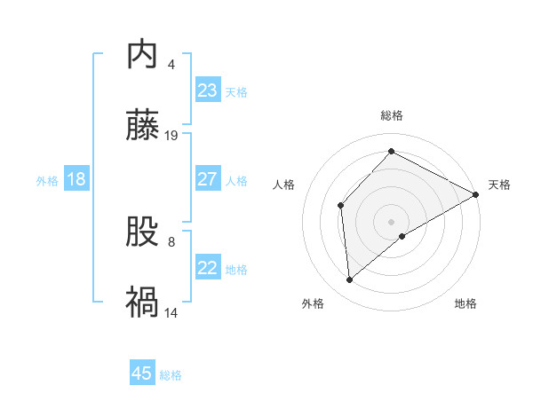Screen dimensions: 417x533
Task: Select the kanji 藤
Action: point(142,127)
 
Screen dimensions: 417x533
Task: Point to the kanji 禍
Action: point(142,303)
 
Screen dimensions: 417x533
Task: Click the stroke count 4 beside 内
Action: point(171,64)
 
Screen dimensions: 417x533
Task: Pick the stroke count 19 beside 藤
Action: point(172,135)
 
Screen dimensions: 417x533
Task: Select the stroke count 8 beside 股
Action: point(171,240)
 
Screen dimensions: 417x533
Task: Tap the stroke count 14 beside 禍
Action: point(172,311)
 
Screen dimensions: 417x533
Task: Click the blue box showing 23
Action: point(207,90)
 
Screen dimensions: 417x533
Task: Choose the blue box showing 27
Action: point(207,179)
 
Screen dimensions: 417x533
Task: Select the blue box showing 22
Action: point(207,268)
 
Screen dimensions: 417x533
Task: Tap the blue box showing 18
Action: point(76,179)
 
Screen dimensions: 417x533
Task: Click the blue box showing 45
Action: point(142,374)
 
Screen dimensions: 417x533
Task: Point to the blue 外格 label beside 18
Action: point(47,180)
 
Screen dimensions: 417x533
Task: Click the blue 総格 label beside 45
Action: point(171,374)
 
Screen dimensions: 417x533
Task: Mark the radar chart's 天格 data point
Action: point(476,196)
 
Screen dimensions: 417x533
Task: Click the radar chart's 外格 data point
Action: point(350,280)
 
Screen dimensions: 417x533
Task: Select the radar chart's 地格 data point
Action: point(402,236)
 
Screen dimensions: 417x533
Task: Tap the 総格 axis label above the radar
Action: point(392,115)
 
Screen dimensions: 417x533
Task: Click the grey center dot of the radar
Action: point(392,221)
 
